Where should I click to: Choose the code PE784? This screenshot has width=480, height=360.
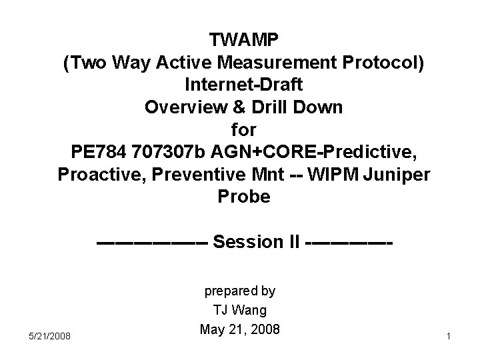100,152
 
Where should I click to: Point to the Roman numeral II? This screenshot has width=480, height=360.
293,241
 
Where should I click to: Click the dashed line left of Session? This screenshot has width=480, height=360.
153,241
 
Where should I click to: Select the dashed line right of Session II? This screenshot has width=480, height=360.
348,241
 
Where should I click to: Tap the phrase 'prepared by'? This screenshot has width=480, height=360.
239,291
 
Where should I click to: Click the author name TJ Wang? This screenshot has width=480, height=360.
239,310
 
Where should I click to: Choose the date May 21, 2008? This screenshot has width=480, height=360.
239,329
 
